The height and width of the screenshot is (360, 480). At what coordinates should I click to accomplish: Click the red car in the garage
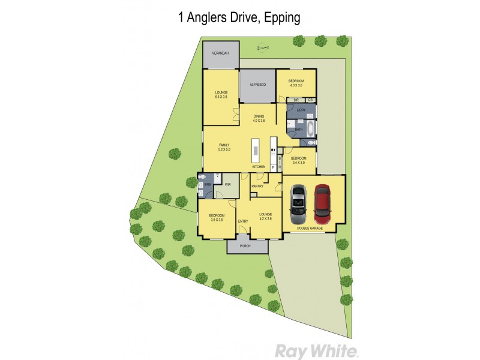(x=322, y=202)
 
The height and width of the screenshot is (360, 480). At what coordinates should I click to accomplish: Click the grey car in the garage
(x=299, y=202)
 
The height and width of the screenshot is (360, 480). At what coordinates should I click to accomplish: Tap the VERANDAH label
(x=220, y=54)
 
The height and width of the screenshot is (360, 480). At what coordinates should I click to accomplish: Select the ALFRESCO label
(x=257, y=85)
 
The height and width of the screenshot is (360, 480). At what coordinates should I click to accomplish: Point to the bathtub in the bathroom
(x=310, y=128)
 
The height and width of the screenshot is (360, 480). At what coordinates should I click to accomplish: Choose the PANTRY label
(x=257, y=186)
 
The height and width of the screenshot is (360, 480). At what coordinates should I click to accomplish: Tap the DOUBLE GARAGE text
(x=313, y=228)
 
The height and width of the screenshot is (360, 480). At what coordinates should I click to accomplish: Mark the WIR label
(x=227, y=185)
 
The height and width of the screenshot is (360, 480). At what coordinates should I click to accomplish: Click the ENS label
(x=208, y=185)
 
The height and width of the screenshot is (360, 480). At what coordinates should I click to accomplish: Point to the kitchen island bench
(x=254, y=149)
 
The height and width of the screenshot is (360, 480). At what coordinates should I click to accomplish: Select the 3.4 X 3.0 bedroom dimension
(x=298, y=163)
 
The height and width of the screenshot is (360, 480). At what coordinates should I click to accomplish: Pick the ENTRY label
(x=243, y=221)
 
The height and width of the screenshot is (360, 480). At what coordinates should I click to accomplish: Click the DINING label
(x=259, y=116)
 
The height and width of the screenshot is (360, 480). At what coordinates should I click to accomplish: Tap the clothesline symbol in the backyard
(x=262, y=48)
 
